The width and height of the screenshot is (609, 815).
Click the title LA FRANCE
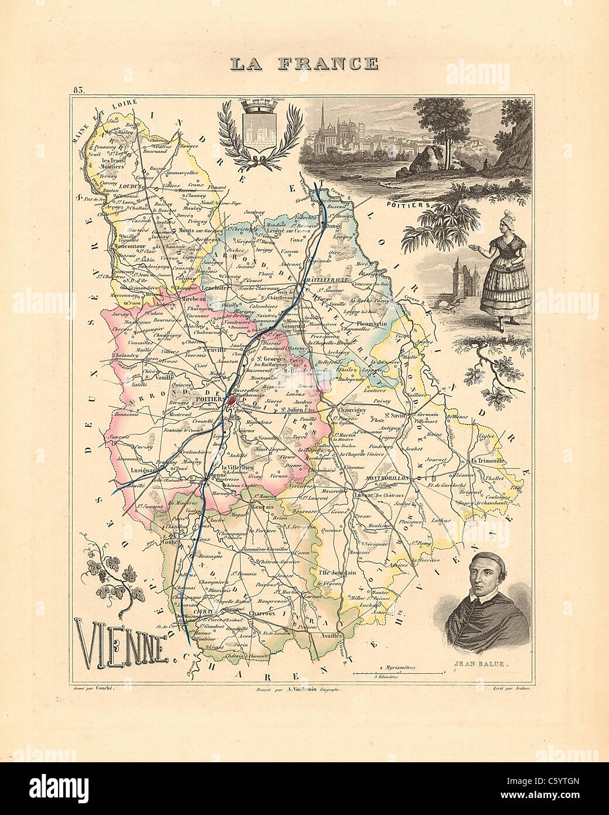pos(304,63)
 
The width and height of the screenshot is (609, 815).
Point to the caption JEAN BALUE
pos(486,665)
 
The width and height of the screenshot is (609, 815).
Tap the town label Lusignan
pos(137,470)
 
